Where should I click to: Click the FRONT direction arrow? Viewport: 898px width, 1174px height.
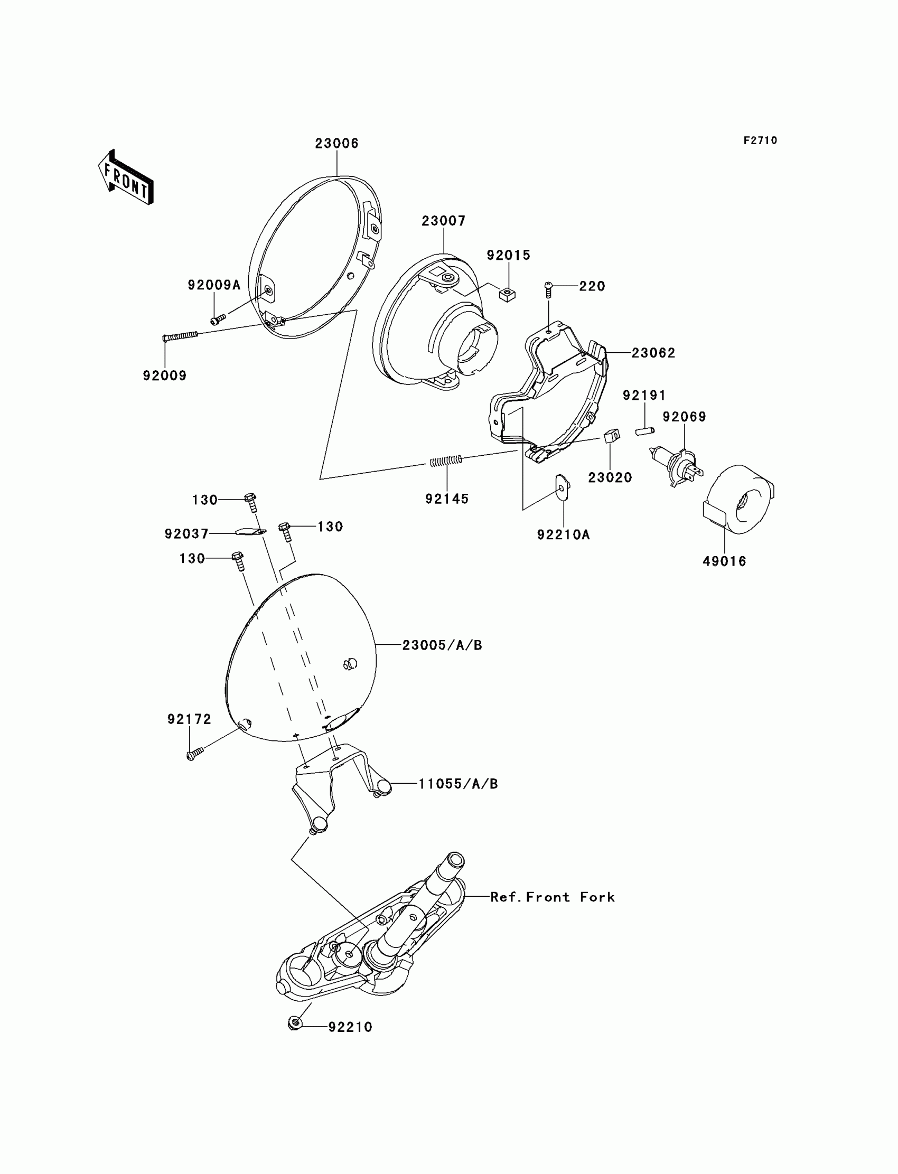(x=126, y=178)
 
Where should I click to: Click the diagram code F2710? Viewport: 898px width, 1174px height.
(x=760, y=140)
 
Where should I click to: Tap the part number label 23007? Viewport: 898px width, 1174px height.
(x=443, y=221)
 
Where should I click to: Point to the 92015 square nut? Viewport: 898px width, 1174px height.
(x=507, y=293)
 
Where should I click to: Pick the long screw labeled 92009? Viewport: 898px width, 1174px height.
(x=180, y=336)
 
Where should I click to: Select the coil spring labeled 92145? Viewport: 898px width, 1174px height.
(x=446, y=460)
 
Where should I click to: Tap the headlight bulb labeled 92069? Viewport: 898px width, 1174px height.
(x=676, y=465)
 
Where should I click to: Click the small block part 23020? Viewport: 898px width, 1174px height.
(x=612, y=436)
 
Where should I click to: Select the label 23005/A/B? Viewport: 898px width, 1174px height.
(x=442, y=645)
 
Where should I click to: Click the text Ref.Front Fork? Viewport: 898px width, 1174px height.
(x=552, y=897)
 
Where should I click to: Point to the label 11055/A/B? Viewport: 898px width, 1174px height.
(x=457, y=784)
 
